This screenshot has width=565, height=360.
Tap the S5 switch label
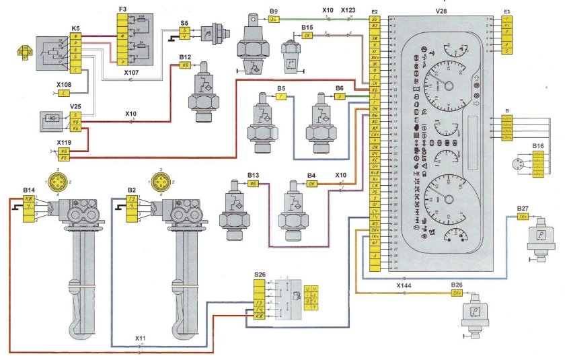184,22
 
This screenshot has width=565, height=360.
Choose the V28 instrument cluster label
442,11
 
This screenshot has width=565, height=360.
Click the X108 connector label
64,85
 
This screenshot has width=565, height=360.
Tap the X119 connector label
65,143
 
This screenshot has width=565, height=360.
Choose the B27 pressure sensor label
523,208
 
